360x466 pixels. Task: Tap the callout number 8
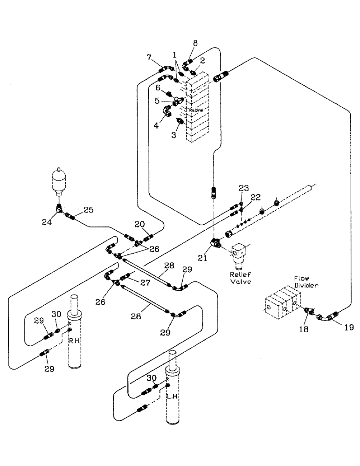tap(195, 43)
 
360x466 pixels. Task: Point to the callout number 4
tap(156, 125)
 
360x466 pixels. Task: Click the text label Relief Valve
tap(241, 278)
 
